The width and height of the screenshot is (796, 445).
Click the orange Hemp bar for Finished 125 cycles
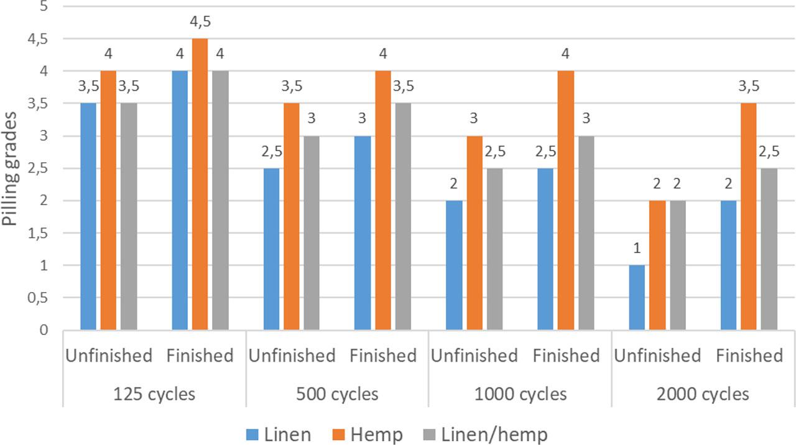200,184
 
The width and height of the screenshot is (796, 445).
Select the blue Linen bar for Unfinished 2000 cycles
637,297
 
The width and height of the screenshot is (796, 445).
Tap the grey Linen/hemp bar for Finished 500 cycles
402,216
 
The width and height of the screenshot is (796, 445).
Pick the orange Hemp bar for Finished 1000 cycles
565,200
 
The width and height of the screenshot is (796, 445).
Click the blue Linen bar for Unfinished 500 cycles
271,249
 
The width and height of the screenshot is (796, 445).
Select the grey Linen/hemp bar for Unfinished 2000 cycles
677,265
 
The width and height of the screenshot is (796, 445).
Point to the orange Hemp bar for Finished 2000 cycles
748,216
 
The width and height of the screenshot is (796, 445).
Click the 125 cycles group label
154,394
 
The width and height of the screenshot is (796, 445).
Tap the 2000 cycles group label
703,394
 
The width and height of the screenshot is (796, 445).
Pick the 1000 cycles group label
520,394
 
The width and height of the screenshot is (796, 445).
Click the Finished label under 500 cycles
382,356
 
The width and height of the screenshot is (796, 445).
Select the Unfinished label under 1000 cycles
474,356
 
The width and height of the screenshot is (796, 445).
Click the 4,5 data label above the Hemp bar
200,21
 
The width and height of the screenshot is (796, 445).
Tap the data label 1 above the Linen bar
637,248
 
